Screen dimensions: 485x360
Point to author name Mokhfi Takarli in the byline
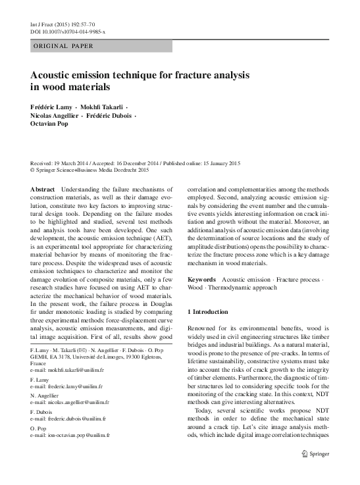point(103,107)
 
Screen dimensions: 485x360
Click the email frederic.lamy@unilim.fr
point(64,388)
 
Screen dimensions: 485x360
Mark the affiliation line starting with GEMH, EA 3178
point(96,356)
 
